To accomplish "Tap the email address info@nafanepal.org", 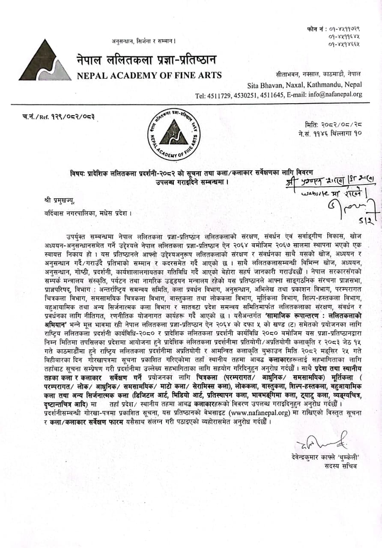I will point(324,95).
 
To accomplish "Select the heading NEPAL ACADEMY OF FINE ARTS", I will point(149,76).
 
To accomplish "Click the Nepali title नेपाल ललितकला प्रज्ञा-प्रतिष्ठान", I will point(146,60).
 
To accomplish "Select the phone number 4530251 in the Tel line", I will point(246,95).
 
